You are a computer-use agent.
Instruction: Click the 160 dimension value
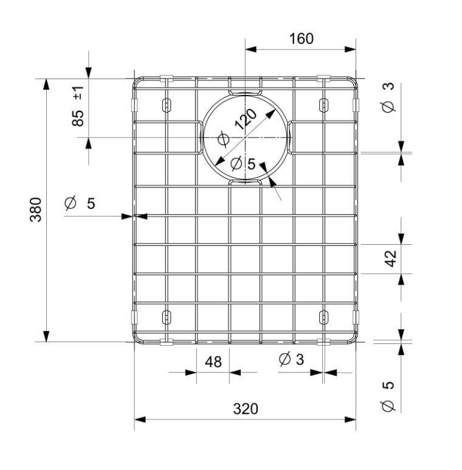coord(302,39)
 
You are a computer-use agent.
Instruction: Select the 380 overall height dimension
coord(36,209)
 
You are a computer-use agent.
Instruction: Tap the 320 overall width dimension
coord(246,409)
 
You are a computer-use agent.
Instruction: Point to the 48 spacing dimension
coord(213,362)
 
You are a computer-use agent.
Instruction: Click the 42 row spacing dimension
coord(390,258)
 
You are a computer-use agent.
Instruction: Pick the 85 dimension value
coord(78,118)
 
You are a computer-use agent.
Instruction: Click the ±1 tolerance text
coord(78,93)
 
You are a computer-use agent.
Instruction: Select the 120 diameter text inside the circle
coord(246,119)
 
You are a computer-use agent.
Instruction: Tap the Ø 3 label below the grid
coord(291,359)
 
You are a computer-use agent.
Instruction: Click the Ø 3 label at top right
coord(388,97)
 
